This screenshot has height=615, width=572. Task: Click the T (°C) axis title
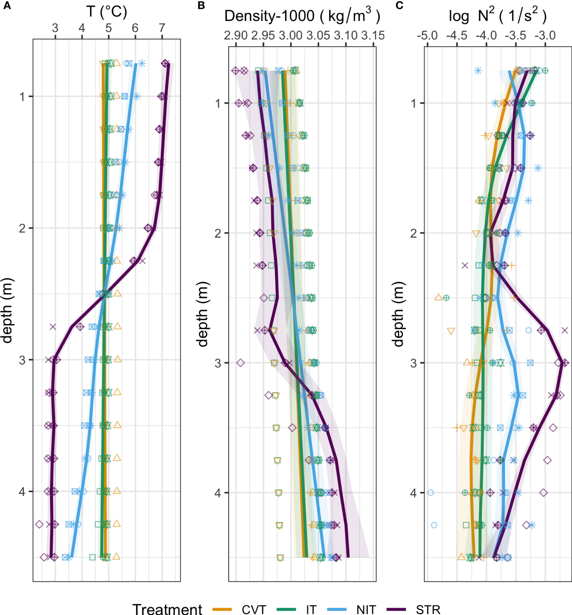107,12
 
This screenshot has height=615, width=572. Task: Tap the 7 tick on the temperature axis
162,28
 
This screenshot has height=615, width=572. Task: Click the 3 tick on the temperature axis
55,28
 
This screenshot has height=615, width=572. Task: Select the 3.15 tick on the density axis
373,36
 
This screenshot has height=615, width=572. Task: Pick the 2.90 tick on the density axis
236,36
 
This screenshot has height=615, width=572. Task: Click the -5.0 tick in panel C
427,36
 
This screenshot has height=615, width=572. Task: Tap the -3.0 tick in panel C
545,36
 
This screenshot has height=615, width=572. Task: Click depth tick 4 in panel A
22,492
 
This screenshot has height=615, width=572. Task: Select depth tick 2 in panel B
218,233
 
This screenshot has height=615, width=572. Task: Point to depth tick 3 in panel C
414,363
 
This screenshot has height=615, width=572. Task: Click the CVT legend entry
254,609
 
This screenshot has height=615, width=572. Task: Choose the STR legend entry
428,609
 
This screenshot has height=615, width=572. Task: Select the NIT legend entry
366,609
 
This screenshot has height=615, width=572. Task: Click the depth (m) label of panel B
203,314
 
